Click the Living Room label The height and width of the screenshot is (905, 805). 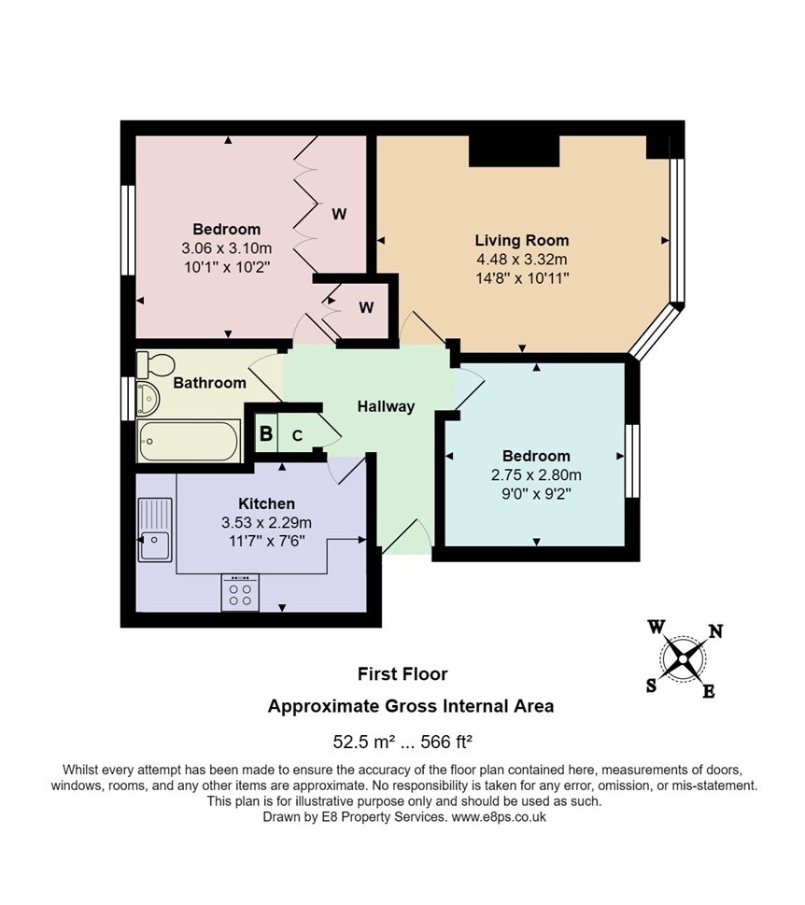[522, 240]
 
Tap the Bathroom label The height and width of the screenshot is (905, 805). [209, 383]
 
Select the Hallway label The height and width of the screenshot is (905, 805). [386, 406]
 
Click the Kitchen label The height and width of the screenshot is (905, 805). [266, 503]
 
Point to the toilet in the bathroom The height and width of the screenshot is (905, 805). [155, 365]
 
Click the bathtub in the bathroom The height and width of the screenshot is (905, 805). [189, 441]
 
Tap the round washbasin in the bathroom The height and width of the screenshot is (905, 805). [148, 398]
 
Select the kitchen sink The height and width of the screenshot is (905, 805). [155, 530]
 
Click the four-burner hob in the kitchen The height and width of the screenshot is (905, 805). [240, 592]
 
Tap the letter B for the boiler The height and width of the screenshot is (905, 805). [265, 432]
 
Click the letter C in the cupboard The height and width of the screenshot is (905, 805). [297, 435]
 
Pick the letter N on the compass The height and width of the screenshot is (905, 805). [715, 631]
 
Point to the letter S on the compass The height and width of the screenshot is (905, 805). [651, 686]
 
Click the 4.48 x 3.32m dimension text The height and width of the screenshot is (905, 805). [522, 259]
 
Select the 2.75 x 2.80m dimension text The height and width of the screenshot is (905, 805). [536, 475]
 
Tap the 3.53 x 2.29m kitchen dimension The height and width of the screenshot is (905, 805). [266, 523]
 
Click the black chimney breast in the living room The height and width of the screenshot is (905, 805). [515, 151]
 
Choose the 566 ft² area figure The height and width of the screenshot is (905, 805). [446, 741]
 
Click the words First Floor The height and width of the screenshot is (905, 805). [402, 674]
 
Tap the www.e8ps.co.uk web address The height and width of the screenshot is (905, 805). [499, 817]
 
